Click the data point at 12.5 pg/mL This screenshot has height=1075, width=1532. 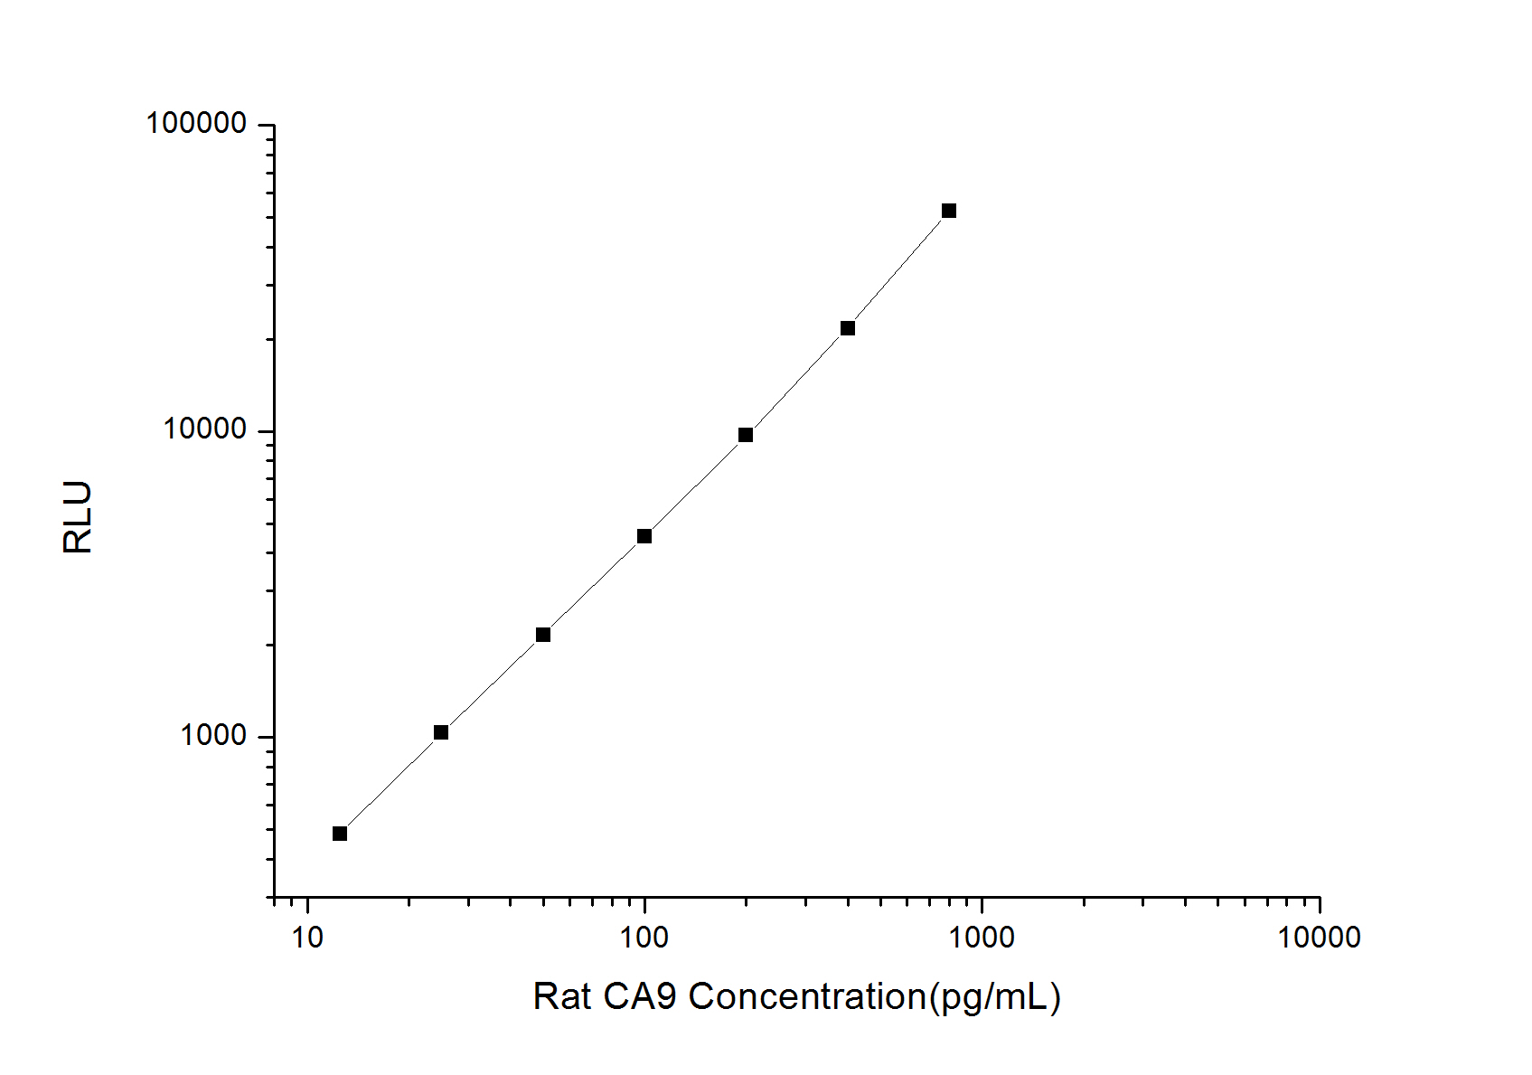point(340,834)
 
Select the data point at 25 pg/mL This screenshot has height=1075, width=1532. point(441,732)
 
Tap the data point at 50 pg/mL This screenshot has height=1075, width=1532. point(543,635)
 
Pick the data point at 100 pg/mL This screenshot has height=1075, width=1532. point(644,536)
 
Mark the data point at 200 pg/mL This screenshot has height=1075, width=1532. point(746,435)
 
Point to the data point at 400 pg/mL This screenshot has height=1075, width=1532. point(848,328)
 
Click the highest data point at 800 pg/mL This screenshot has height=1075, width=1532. point(949,211)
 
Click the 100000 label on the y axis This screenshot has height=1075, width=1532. point(196,123)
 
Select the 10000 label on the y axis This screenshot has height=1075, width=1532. point(205,429)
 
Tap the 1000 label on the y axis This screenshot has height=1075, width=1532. point(213,736)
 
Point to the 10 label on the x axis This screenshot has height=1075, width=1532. point(307,938)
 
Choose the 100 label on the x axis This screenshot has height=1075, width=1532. point(644,938)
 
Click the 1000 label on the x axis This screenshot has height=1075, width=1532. point(982,938)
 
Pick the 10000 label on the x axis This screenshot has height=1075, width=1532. point(1319,938)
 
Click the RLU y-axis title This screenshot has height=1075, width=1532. point(79,517)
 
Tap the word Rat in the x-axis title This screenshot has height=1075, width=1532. point(561,997)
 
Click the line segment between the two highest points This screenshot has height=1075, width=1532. point(898,269)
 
